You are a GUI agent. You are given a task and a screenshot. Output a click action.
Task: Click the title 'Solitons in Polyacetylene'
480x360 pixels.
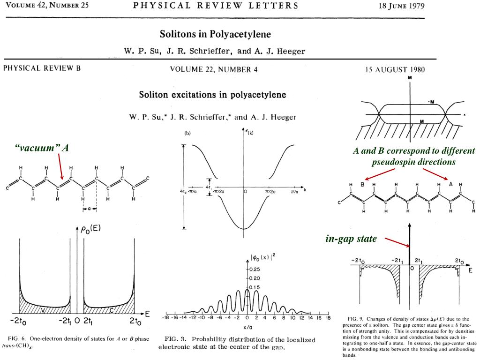215,34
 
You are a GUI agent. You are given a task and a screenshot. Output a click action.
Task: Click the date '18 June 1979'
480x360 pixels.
401,6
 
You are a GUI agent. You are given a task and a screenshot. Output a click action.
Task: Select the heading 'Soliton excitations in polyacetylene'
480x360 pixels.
212,95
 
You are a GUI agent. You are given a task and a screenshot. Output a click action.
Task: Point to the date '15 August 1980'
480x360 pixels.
395,70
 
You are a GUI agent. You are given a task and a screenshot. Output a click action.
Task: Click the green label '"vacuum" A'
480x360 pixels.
42,148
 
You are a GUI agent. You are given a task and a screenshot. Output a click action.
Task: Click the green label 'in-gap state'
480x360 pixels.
351,239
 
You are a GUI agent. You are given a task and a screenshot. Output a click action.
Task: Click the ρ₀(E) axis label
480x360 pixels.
90,229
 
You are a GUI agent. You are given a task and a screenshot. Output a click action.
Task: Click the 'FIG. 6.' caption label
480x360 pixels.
19,338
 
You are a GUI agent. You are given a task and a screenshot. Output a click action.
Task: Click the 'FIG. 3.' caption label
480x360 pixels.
175,339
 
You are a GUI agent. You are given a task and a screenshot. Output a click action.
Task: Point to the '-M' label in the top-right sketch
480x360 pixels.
431,102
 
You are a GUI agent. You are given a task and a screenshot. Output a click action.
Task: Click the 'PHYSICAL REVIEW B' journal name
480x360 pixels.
42,68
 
